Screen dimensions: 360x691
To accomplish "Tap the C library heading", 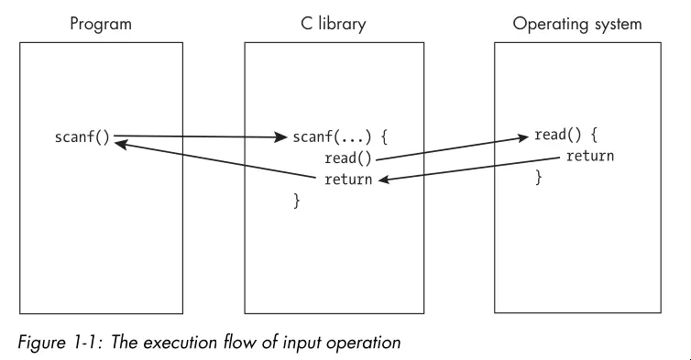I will point(334,23).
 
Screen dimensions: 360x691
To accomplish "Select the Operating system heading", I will point(565,23).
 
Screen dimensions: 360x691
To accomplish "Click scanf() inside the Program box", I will point(82,138).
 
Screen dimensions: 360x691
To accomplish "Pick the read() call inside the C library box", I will point(347,158).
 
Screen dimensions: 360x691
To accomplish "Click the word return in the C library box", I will point(348,179).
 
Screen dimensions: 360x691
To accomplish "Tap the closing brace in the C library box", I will point(296,199).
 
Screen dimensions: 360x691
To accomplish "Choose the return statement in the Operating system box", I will point(589,156).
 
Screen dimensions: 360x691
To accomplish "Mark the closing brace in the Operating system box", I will point(539,177).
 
